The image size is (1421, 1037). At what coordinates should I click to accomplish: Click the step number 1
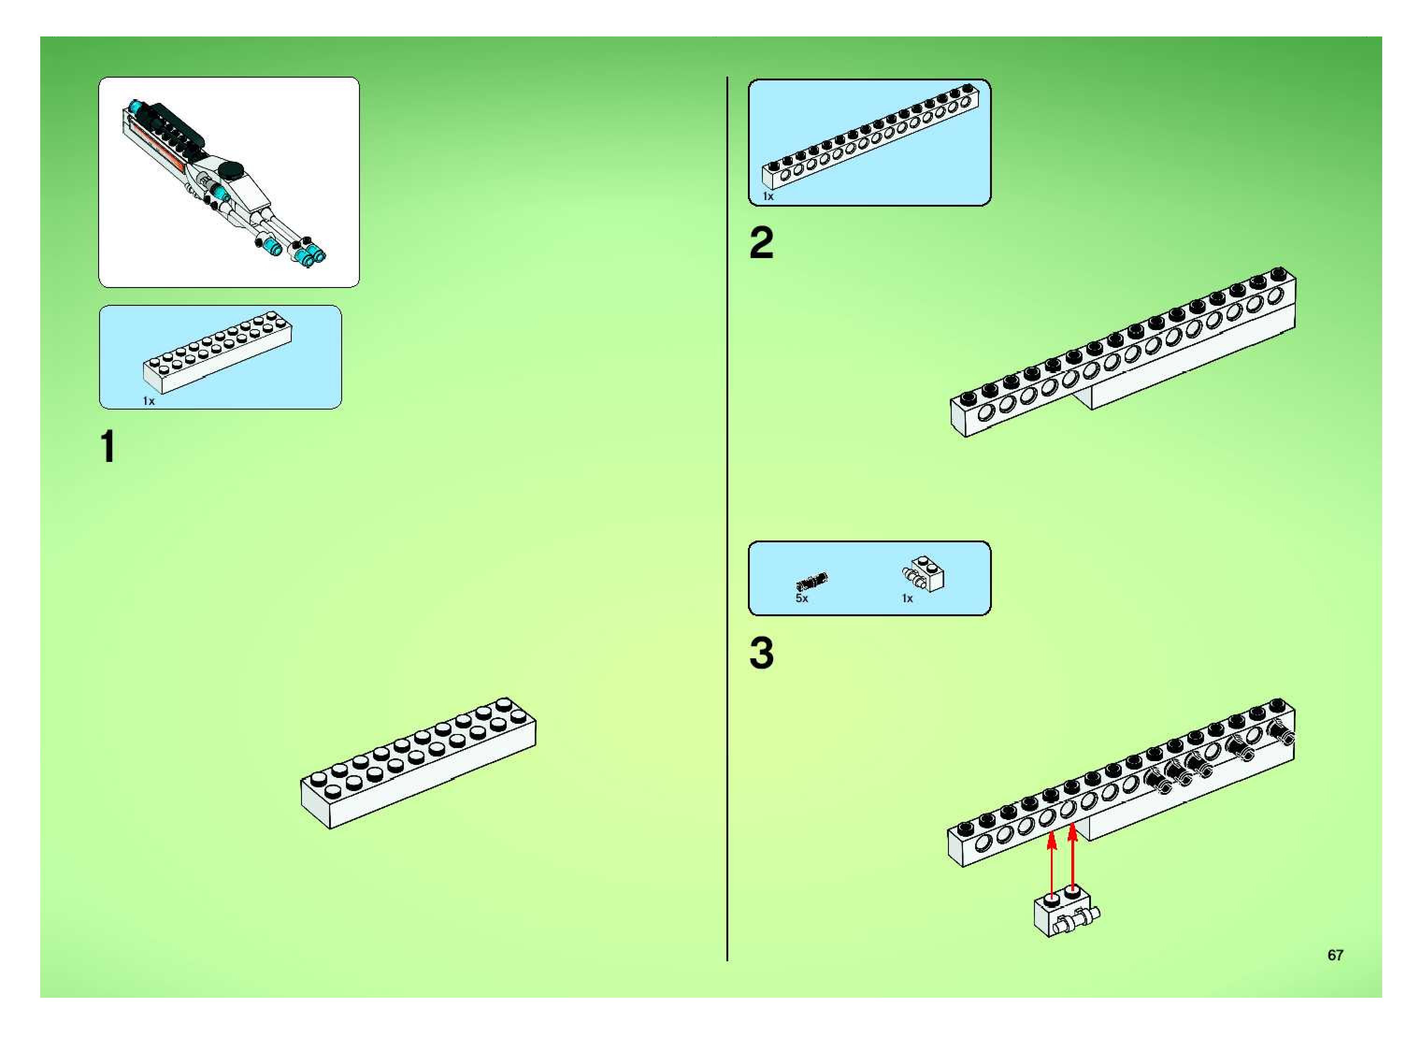click(108, 447)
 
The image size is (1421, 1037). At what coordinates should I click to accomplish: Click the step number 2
click(761, 244)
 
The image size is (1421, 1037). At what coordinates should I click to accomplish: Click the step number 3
click(761, 654)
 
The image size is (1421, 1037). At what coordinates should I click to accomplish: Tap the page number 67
click(1335, 955)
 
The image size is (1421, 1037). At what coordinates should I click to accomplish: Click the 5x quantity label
click(802, 599)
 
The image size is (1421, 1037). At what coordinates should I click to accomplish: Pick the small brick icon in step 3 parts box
click(924, 574)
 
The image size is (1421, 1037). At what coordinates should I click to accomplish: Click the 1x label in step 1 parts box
click(149, 401)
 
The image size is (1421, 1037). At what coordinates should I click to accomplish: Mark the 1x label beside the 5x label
click(907, 599)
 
